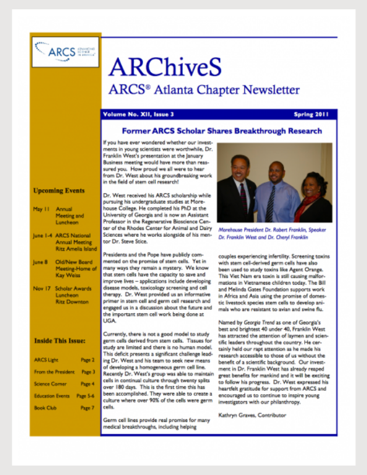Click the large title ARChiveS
pyautogui.click(x=165, y=68)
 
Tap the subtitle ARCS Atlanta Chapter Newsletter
pyautogui.click(x=204, y=90)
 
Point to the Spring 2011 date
pyautogui.click(x=315, y=115)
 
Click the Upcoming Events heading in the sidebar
pyautogui.click(x=59, y=190)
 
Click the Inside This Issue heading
pyautogui.click(x=60, y=341)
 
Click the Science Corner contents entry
pyautogui.click(x=51, y=384)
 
